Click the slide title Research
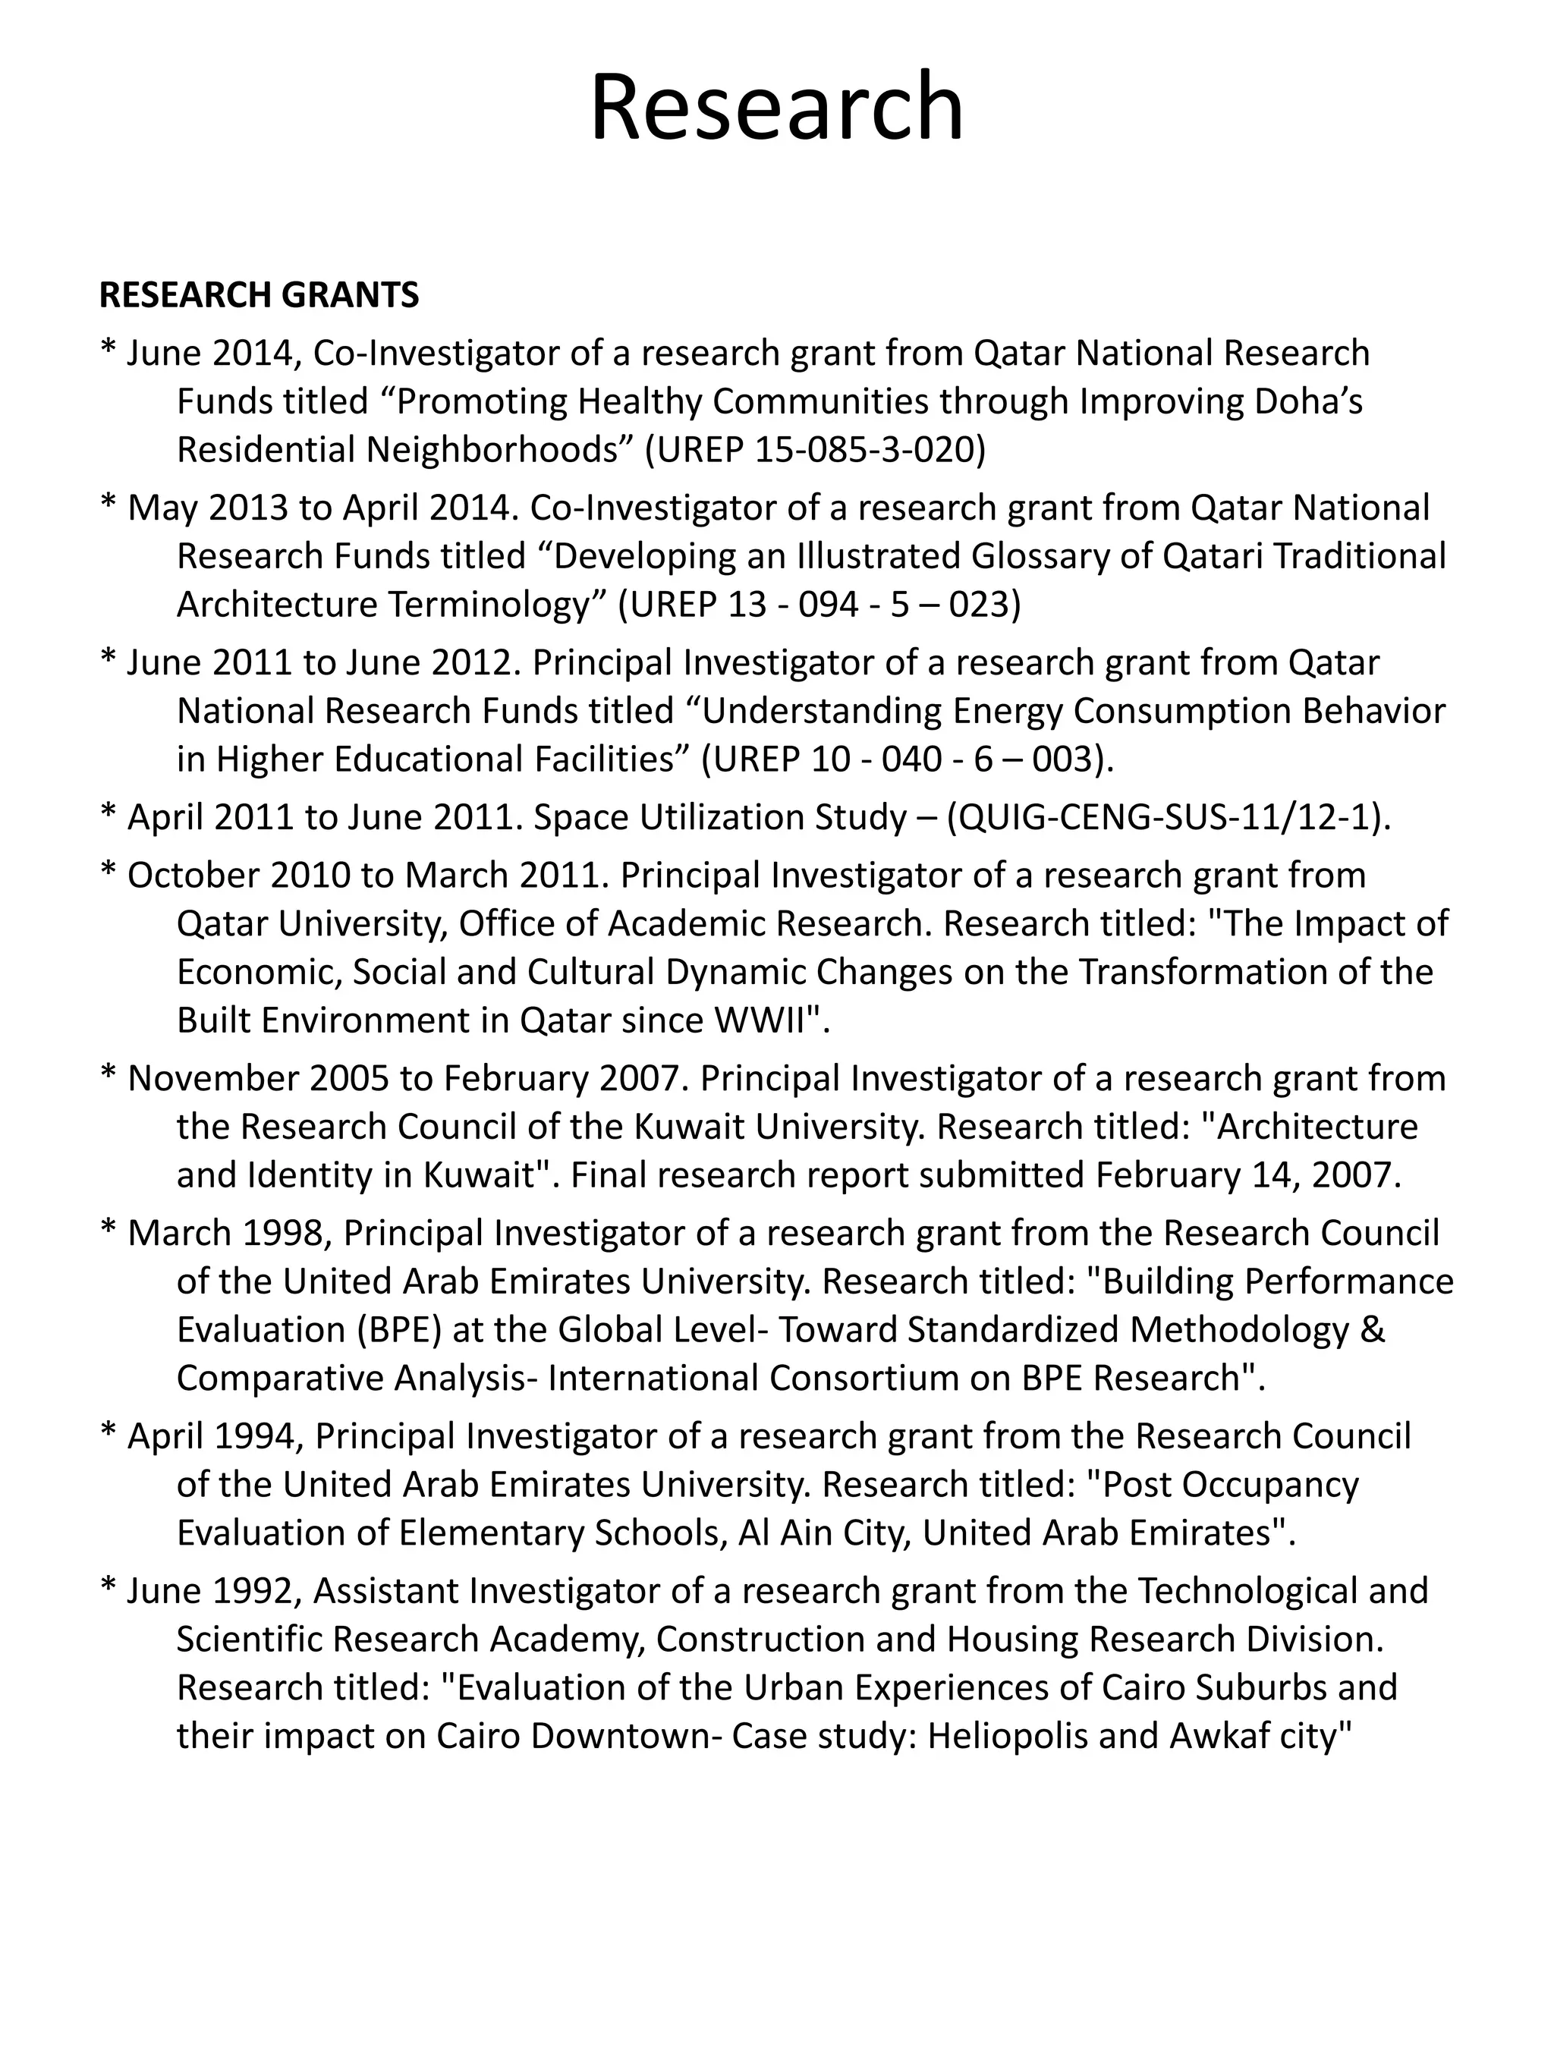point(776,108)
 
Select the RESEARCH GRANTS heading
point(260,295)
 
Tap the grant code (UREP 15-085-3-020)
point(816,451)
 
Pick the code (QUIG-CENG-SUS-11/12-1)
point(1166,818)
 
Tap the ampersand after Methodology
point(1373,1329)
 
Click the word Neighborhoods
point(494,451)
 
